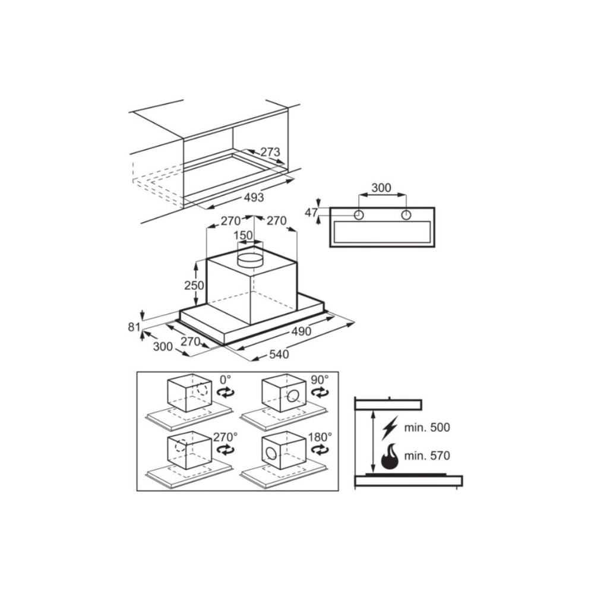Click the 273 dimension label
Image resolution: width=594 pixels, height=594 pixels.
pyautogui.click(x=270, y=152)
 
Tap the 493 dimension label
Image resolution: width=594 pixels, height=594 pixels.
pyautogui.click(x=254, y=197)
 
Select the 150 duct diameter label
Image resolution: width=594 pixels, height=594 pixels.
pyautogui.click(x=243, y=235)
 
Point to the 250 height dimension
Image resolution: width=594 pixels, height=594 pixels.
pyautogui.click(x=194, y=285)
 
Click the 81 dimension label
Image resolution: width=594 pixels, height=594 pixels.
pyautogui.click(x=134, y=327)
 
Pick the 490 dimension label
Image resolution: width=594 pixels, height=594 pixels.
pyautogui.click(x=301, y=331)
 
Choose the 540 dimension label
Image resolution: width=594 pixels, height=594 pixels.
pyautogui.click(x=279, y=354)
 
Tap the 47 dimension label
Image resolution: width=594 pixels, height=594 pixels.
pyautogui.click(x=311, y=213)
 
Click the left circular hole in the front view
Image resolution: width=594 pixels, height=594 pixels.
pyautogui.click(x=358, y=215)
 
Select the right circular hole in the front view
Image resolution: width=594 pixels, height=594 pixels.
pyautogui.click(x=406, y=215)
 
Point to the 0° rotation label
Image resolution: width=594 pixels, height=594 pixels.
pyautogui.click(x=225, y=379)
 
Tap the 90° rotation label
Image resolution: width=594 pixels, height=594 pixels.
pyautogui.click(x=320, y=380)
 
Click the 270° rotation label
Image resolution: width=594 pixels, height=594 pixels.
pyautogui.click(x=225, y=437)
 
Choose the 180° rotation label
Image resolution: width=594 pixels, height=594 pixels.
pyautogui.click(x=320, y=437)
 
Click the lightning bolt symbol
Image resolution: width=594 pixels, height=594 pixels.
pyautogui.click(x=390, y=428)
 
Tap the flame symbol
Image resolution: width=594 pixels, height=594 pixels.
pyautogui.click(x=390, y=456)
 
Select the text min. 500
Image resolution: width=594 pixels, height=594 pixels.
pyautogui.click(x=427, y=427)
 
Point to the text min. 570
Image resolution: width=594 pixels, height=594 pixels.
pyautogui.click(x=427, y=455)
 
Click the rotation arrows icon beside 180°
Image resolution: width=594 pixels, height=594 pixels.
pyautogui.click(x=320, y=450)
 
